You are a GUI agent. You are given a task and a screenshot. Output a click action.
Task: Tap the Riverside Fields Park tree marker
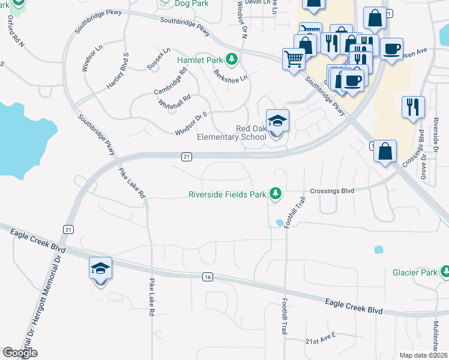click(x=276, y=193)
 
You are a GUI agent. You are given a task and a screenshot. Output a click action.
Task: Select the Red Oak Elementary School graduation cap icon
click(x=277, y=120)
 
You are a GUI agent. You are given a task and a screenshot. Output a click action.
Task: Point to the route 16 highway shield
click(x=208, y=277)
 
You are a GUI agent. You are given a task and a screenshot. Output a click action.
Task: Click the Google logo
click(x=19, y=353)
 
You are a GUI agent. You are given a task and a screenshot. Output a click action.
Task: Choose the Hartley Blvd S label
click(x=118, y=71)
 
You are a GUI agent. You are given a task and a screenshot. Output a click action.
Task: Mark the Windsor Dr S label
click(x=191, y=122)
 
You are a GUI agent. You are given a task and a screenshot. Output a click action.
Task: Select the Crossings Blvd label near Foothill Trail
click(x=332, y=191)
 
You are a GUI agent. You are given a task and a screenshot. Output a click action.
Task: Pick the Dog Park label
click(x=190, y=4)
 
